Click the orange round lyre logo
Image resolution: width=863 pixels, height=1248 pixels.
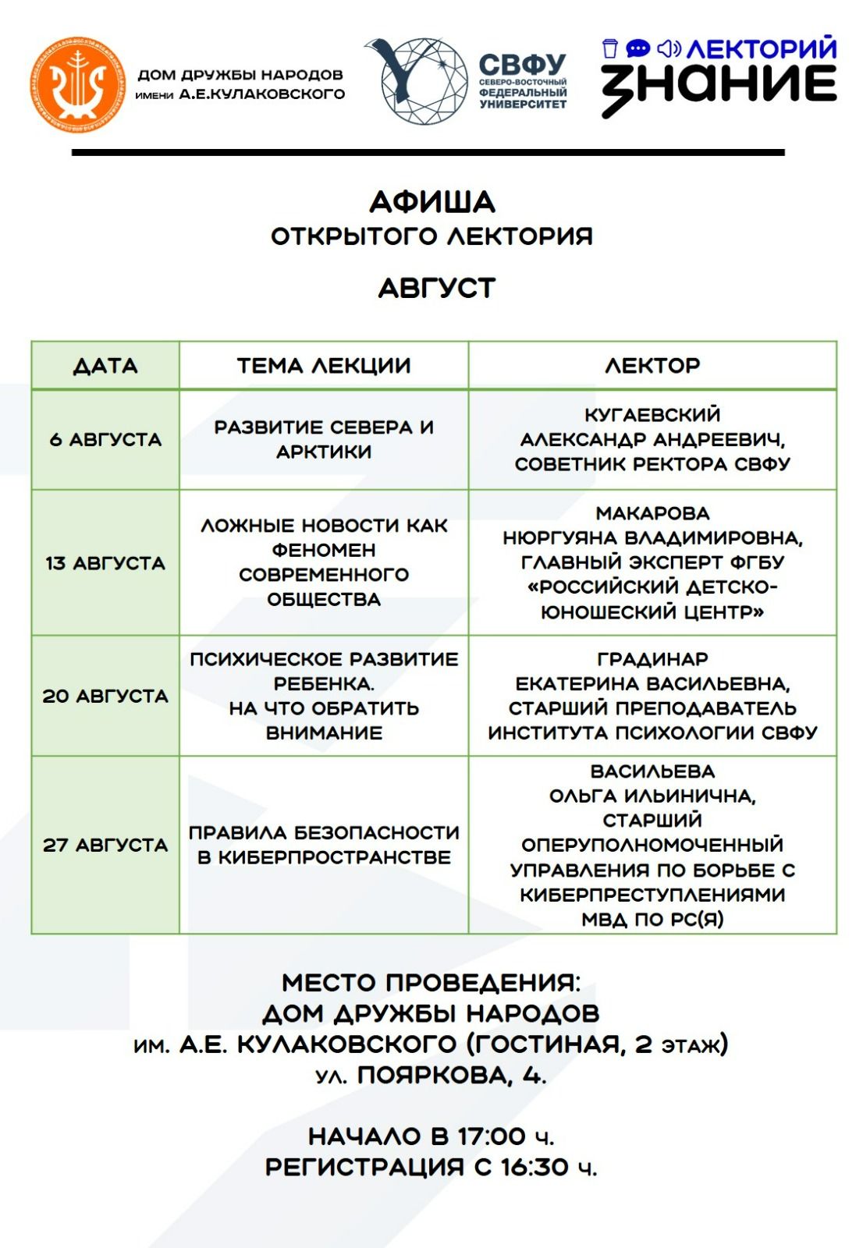coord(77,84)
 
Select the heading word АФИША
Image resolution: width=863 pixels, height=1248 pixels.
coord(431,202)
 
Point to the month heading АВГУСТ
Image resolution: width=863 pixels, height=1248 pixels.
coord(436,288)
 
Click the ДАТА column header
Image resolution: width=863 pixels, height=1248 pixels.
coord(105,365)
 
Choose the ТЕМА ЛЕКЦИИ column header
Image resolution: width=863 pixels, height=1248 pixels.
coord(324,365)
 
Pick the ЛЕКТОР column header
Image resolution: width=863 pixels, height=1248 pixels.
coord(652,365)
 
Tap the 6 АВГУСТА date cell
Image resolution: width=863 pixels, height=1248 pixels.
coord(105,439)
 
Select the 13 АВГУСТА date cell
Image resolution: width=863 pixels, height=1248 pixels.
coord(105,562)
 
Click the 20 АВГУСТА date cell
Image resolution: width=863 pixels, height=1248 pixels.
coord(105,696)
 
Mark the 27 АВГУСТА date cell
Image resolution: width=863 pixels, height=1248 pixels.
coord(105,845)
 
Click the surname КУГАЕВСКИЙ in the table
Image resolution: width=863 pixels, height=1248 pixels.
coord(652,414)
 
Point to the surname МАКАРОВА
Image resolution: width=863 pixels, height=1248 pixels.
coord(652,513)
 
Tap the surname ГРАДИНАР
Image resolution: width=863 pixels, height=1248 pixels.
coord(652,659)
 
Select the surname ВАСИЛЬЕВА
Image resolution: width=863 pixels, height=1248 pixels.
coord(652,771)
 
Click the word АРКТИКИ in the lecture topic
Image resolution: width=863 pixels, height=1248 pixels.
coord(324,452)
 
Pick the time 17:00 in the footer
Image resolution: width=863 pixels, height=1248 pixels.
coord(492,1136)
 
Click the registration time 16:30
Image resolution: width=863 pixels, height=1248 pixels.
coord(534,1167)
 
